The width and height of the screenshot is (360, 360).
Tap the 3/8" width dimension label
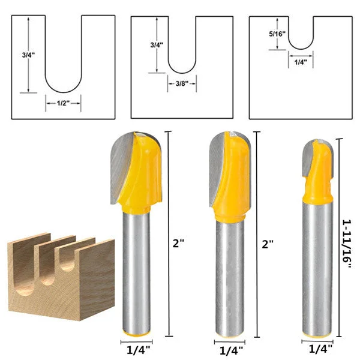click(x=182, y=83)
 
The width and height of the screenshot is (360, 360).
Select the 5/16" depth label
click(x=277, y=34)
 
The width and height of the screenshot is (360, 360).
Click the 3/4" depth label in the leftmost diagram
click(x=28, y=55)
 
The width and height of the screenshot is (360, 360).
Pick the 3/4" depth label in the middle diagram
click(x=157, y=45)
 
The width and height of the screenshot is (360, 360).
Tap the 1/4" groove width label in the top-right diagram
click(x=301, y=62)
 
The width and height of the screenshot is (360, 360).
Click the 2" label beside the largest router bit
click(x=178, y=244)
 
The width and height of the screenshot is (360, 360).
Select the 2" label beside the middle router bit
click(x=268, y=244)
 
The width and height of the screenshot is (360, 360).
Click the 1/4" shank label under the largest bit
click(x=138, y=350)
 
